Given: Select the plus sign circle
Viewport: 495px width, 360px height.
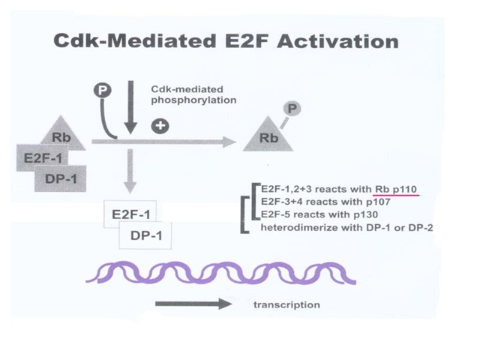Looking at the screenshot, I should pyautogui.click(x=159, y=125).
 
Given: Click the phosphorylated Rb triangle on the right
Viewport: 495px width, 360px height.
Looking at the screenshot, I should pyautogui.click(x=268, y=135).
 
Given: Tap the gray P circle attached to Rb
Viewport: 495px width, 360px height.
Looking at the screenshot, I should pyautogui.click(x=293, y=109).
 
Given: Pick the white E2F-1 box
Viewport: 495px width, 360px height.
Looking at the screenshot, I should pyautogui.click(x=130, y=214).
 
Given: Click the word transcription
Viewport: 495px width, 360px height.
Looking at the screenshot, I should pyautogui.click(x=286, y=304).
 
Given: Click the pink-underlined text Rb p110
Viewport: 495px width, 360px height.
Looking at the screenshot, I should pyautogui.click(x=397, y=187).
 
